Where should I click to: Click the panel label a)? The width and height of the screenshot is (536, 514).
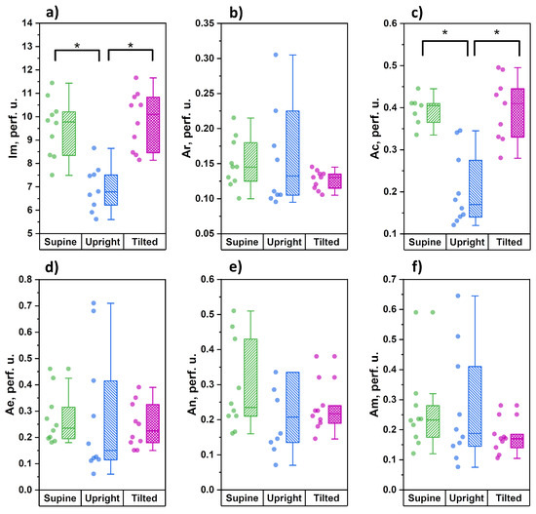click(x=53, y=13)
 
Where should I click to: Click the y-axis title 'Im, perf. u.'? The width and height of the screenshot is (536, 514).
click(x=14, y=129)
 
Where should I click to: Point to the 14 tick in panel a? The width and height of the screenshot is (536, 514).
click(x=27, y=23)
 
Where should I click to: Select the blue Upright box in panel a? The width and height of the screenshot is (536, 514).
click(x=111, y=190)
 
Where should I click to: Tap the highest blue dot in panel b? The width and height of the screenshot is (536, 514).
click(x=276, y=55)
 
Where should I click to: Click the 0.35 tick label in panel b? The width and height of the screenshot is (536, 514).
click(x=205, y=23)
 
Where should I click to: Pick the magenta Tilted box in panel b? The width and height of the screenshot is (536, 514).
click(x=334, y=181)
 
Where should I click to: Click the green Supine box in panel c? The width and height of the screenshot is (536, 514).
click(x=434, y=113)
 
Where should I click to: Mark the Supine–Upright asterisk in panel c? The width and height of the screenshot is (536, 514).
click(x=444, y=33)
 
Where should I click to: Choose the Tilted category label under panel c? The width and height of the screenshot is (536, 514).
click(x=509, y=242)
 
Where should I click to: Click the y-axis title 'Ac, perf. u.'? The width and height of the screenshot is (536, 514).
click(x=375, y=128)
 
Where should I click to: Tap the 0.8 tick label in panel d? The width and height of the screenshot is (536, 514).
click(x=25, y=279)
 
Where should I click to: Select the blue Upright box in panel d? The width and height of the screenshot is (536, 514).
click(x=111, y=420)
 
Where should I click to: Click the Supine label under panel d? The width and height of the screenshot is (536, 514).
click(x=60, y=498)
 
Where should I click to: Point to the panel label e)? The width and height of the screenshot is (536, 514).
click(x=236, y=267)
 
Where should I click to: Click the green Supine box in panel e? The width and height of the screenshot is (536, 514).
click(x=250, y=377)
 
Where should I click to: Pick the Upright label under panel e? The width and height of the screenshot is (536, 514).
click(x=285, y=498)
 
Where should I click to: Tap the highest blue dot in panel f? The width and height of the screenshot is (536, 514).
click(x=458, y=296)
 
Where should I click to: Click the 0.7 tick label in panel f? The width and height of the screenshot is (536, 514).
click(x=390, y=279)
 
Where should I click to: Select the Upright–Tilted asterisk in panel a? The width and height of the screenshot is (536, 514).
click(x=131, y=46)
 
